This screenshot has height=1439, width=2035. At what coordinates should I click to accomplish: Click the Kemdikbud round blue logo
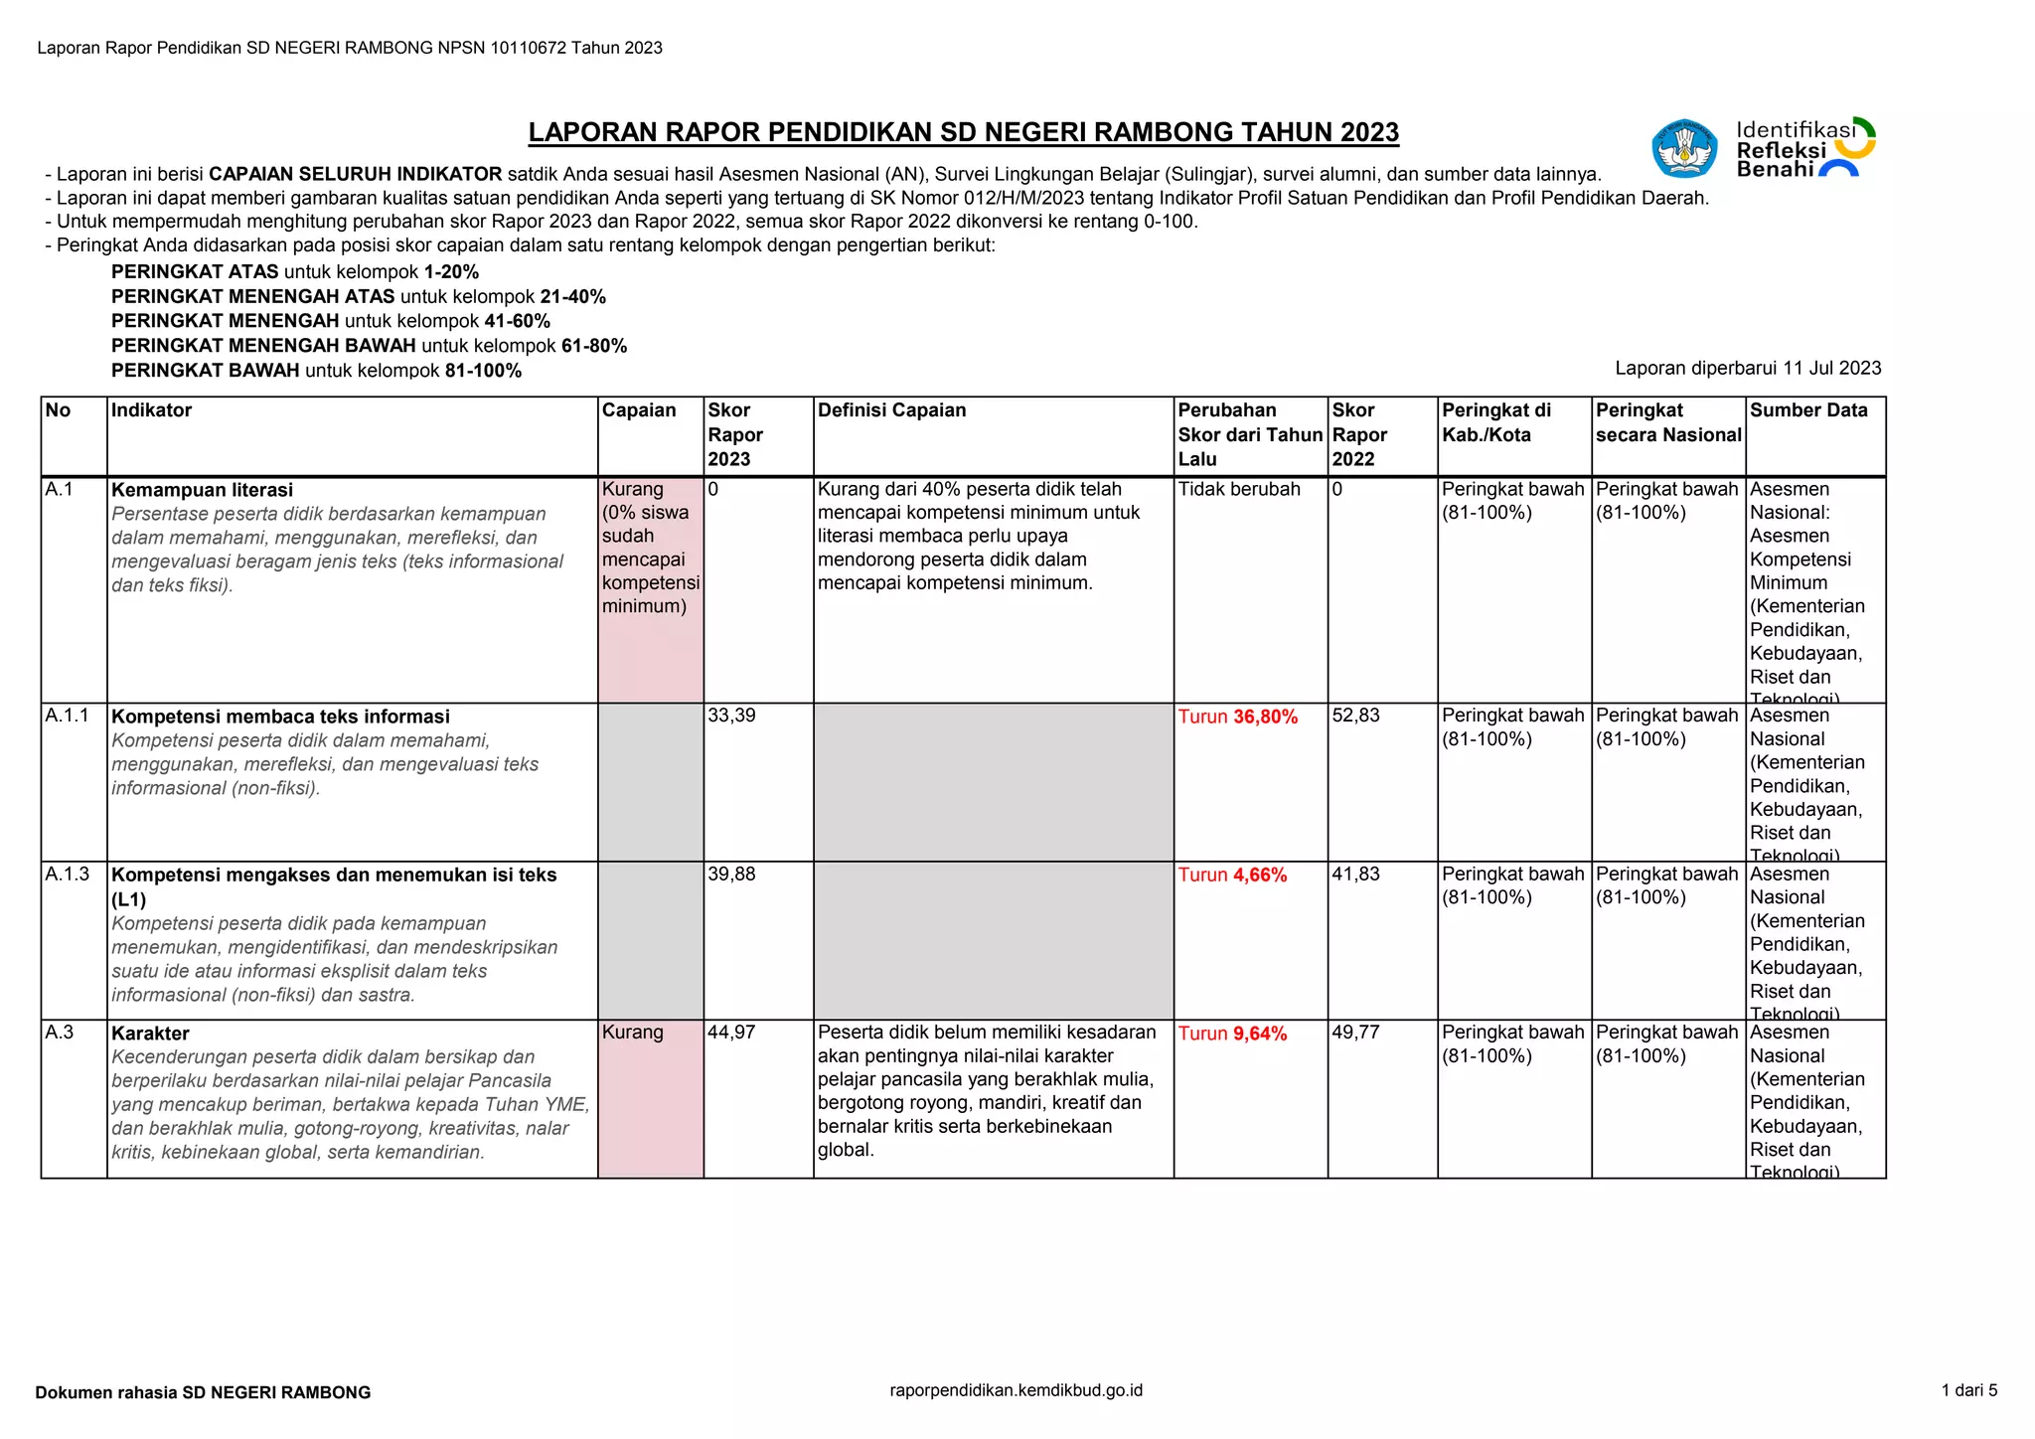(x=1683, y=149)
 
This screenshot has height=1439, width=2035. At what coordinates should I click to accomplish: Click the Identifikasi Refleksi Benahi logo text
(x=1794, y=150)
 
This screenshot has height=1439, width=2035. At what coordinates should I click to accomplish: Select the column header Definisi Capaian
(x=891, y=410)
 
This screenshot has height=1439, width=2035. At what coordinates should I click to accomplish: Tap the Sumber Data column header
(x=1807, y=410)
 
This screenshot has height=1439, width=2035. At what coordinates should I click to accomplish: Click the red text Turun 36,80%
(x=1237, y=717)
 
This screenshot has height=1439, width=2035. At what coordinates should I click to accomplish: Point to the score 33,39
(x=731, y=716)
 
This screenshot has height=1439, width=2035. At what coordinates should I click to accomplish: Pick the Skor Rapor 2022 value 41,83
(x=1355, y=875)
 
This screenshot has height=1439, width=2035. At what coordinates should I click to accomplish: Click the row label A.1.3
(x=67, y=875)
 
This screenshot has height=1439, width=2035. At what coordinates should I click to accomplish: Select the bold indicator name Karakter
(x=150, y=1034)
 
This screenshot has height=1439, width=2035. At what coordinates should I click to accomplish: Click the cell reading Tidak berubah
(x=1238, y=489)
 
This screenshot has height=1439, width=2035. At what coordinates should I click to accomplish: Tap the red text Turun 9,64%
(x=1232, y=1034)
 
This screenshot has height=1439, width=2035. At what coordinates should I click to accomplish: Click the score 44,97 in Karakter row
(x=731, y=1033)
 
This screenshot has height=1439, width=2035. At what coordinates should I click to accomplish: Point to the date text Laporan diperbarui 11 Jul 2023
(x=1747, y=369)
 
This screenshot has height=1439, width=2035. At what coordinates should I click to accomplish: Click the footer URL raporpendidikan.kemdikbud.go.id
(x=1016, y=1390)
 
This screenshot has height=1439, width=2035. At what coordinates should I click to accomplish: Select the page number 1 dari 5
(x=1968, y=1390)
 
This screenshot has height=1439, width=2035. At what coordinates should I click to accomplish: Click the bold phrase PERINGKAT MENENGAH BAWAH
(x=263, y=346)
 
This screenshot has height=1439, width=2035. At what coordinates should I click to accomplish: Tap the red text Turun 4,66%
(x=1232, y=876)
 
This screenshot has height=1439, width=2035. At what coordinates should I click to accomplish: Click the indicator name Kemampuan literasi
(x=202, y=490)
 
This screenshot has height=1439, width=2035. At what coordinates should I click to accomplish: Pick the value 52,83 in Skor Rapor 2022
(x=1355, y=716)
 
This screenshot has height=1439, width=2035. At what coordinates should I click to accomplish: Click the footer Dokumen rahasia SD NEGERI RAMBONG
(x=203, y=1392)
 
